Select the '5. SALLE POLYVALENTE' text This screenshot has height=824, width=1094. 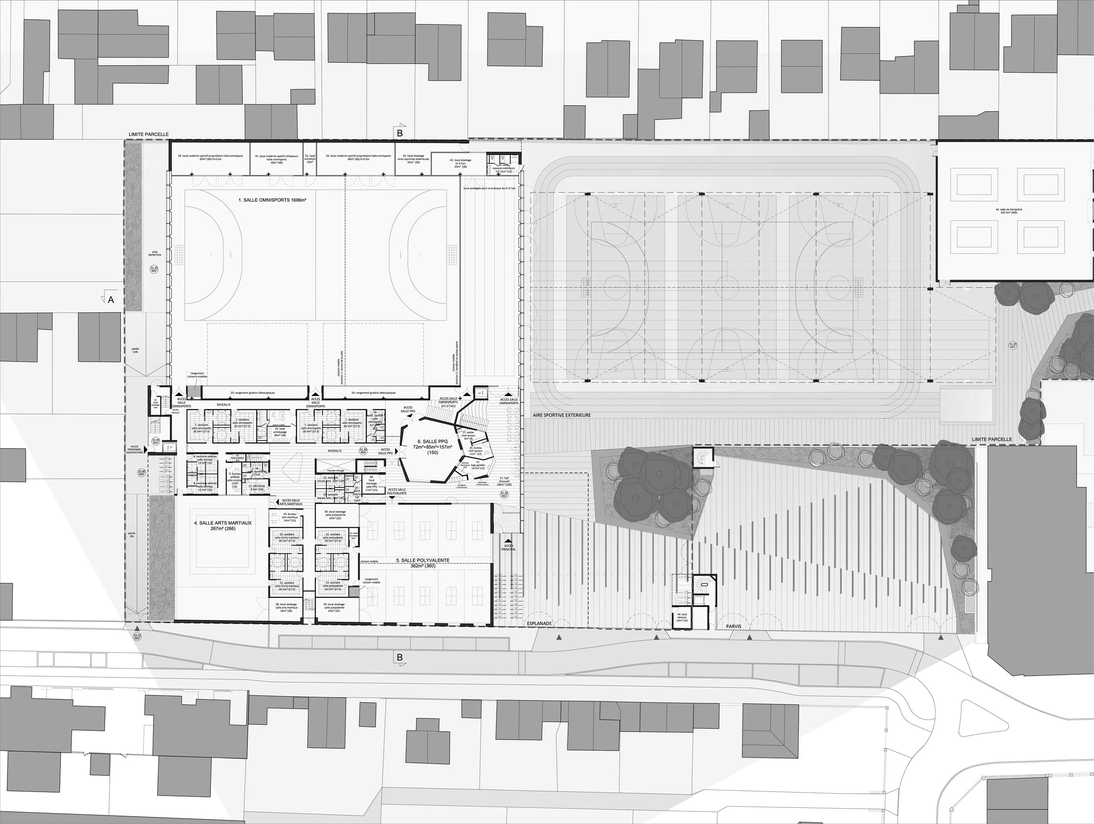(x=423, y=561)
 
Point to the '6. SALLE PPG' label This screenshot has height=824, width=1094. (x=433, y=441)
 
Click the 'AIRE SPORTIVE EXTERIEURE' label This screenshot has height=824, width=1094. (x=561, y=415)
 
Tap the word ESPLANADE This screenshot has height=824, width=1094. (x=539, y=624)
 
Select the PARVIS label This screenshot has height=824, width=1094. (x=734, y=626)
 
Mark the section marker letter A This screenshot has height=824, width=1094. (x=110, y=300)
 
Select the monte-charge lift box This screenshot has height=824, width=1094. (x=335, y=470)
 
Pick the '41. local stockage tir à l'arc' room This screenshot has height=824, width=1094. (x=460, y=164)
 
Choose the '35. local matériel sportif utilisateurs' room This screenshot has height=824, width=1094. (x=277, y=159)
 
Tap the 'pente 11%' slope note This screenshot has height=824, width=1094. (x=135, y=350)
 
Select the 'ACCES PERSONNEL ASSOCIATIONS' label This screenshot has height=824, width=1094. (x=134, y=449)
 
